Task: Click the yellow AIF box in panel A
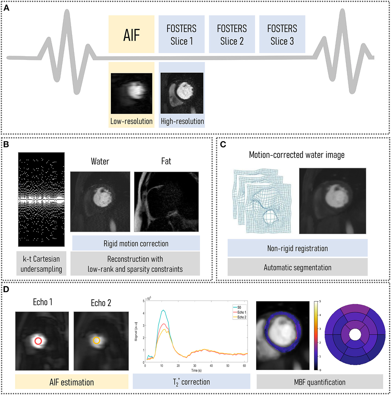[x=131, y=34]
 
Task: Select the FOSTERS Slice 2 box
[x=232, y=34]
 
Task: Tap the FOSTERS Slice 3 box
[x=282, y=34]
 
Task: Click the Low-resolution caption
[x=131, y=121]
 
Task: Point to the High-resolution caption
[x=182, y=121]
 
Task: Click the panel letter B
[x=6, y=144]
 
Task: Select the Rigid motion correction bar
[x=136, y=244]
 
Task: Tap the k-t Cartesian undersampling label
[x=41, y=264]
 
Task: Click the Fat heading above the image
[x=166, y=161]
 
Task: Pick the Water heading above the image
[x=100, y=161]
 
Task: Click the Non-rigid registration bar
[x=298, y=248]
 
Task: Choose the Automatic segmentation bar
[x=298, y=267]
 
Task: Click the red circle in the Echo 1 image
[x=38, y=341]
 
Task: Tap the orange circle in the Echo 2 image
[x=97, y=340]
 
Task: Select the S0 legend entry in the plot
[x=239, y=307]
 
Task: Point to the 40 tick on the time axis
[x=211, y=366]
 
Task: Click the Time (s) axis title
[x=196, y=370]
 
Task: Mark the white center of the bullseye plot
[x=355, y=334]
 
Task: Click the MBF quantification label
[x=320, y=382]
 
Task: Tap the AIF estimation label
[x=72, y=382]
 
